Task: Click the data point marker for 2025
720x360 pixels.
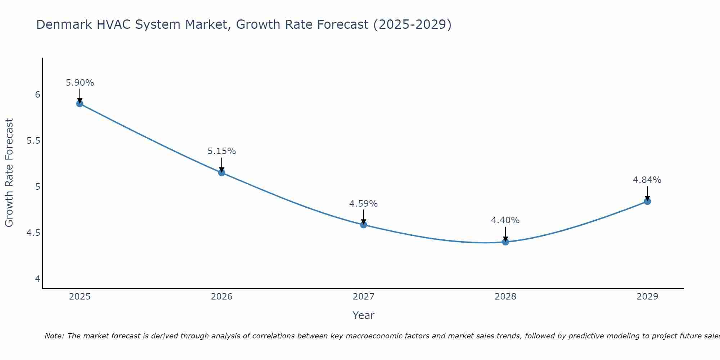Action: [x=80, y=104]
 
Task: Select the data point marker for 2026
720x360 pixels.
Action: [x=222, y=173]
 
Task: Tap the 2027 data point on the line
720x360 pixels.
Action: [x=364, y=225]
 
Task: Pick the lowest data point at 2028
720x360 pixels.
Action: [x=505, y=242]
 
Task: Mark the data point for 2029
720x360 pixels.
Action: [x=647, y=201]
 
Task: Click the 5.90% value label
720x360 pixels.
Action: [x=80, y=83]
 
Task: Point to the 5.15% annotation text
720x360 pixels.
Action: [x=222, y=151]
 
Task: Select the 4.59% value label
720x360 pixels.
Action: [x=364, y=204]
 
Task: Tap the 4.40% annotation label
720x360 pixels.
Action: [x=505, y=220]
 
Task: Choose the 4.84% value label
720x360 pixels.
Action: [x=647, y=180]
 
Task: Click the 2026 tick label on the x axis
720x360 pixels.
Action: [x=222, y=297]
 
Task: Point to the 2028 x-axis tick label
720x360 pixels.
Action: [x=505, y=297]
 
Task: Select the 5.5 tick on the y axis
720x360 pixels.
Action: [x=33, y=141]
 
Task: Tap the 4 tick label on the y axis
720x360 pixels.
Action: [x=37, y=279]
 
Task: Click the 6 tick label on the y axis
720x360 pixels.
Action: [x=37, y=95]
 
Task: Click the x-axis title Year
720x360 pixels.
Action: [x=364, y=315]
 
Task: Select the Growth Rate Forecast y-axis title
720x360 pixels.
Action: [x=9, y=173]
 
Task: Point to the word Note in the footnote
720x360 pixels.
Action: [x=54, y=336]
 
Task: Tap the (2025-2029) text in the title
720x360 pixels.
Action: [x=412, y=24]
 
